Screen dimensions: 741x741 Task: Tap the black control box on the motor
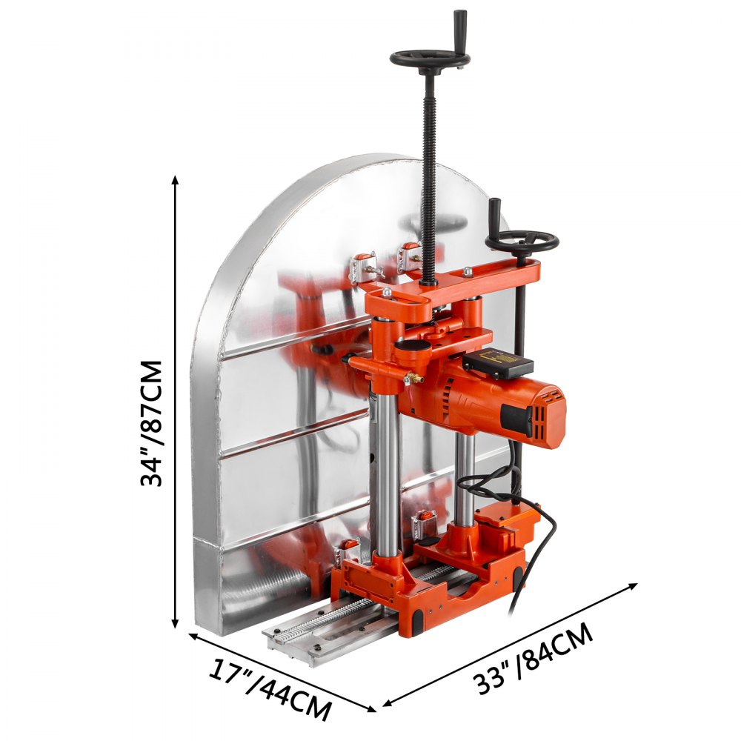tap(497, 363)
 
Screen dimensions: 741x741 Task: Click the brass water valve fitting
tap(413, 378)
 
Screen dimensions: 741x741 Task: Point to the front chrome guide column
tap(386, 474)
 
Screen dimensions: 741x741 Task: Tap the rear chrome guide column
tap(465, 474)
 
